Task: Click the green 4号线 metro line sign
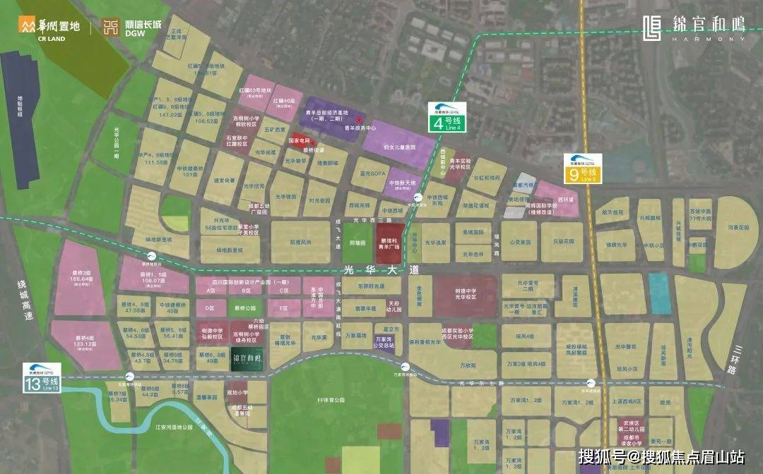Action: coord(446,117)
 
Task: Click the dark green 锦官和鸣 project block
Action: coord(248,358)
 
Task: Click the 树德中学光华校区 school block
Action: coord(464,294)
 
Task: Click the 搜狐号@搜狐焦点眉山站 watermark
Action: coord(661,456)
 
